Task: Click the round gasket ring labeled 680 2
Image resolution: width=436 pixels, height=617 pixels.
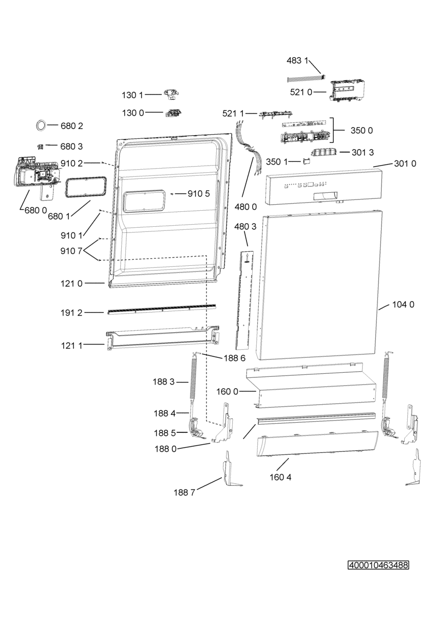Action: [40, 125]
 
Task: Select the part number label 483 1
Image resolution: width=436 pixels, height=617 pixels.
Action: [297, 61]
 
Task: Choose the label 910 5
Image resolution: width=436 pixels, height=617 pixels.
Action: [199, 194]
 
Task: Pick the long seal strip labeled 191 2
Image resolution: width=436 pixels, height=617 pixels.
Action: [161, 308]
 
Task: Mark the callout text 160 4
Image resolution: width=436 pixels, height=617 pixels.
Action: [280, 477]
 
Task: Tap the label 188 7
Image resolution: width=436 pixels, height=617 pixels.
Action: [184, 493]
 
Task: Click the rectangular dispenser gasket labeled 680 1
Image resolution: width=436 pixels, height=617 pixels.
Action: [86, 186]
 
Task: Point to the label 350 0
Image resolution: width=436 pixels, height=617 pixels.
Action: [362, 131]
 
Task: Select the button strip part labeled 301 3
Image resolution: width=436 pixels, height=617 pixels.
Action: [325, 152]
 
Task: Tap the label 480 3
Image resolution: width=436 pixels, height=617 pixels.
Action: [245, 226]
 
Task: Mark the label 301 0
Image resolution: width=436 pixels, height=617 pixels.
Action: [405, 164]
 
